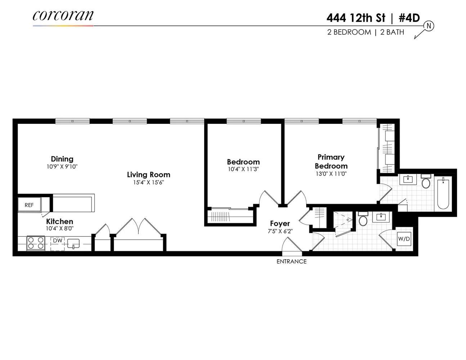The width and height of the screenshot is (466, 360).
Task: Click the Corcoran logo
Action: click(x=63, y=16)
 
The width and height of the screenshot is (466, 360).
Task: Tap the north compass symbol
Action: click(x=429, y=26)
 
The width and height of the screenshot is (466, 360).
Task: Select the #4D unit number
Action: click(x=408, y=18)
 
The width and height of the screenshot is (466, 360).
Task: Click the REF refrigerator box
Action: click(x=29, y=205)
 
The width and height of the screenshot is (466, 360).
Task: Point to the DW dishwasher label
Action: click(x=57, y=240)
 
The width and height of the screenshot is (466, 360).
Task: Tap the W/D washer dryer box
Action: click(x=404, y=239)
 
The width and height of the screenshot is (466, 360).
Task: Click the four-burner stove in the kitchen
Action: click(x=36, y=243)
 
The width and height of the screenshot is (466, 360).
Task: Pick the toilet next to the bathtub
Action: click(x=426, y=183)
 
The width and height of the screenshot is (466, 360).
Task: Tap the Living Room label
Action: click(x=148, y=175)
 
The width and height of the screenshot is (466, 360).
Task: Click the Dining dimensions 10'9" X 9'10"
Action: click(x=62, y=167)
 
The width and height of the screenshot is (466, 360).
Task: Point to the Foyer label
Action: click(x=280, y=224)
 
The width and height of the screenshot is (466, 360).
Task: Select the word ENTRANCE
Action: click(x=291, y=261)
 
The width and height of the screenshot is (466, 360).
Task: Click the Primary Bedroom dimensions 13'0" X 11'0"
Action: click(x=331, y=174)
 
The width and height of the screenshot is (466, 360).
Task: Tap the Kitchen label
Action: click(x=59, y=221)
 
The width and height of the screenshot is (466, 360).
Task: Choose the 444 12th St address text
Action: click(x=356, y=18)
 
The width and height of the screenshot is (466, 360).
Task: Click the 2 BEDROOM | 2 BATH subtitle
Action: click(x=366, y=32)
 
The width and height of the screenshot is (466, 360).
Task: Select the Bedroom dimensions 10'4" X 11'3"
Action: click(x=243, y=169)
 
